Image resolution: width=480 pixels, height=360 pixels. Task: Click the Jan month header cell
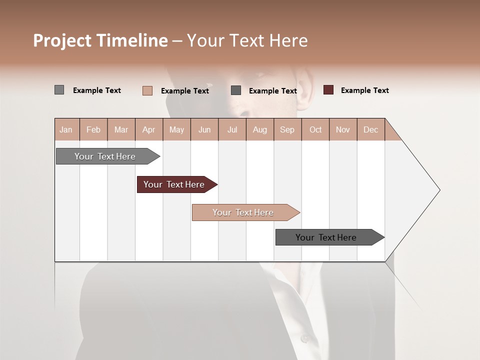click(66, 129)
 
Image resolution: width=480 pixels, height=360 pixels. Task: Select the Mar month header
click(121, 129)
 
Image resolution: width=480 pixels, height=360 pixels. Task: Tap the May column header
click(176, 129)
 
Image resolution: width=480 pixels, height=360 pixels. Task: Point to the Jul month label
click(232, 129)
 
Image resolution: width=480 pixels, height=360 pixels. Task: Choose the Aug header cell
click(259, 129)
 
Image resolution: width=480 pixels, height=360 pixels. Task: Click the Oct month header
click(315, 129)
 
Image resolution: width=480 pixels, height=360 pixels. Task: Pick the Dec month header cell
click(370, 129)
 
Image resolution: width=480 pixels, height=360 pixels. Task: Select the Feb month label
click(93, 129)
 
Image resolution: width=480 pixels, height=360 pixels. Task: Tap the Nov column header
click(343, 129)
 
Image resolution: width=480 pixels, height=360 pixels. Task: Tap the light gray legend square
click(59, 90)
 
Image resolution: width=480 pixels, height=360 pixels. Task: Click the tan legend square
click(147, 90)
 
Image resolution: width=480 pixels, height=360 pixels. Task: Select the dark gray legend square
click(236, 90)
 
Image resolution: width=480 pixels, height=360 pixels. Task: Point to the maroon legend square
click(328, 90)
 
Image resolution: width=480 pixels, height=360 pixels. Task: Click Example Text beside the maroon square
click(364, 90)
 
